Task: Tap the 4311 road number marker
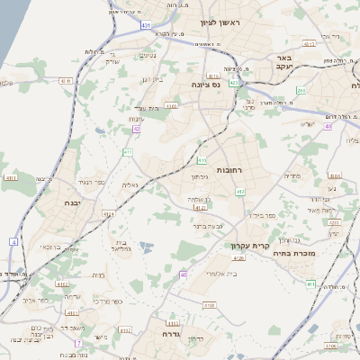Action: [12, 178]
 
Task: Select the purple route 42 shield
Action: [137, 129]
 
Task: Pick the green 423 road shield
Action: [234, 83]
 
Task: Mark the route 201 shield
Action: [301, 91]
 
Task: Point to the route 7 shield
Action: [78, 344]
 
